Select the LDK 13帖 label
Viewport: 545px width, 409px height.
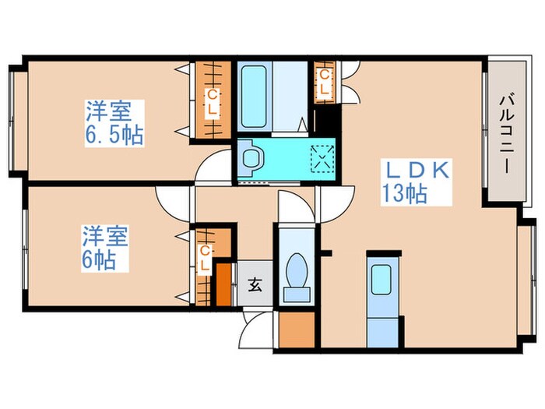click(413, 182)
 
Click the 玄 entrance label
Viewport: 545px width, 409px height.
click(255, 286)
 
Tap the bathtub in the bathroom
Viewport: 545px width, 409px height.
click(254, 93)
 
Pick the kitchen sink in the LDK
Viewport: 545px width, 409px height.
click(381, 278)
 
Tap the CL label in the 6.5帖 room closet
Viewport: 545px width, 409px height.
click(211, 101)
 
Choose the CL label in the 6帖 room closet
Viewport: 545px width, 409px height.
click(205, 256)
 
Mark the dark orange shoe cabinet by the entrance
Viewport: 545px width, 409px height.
click(224, 285)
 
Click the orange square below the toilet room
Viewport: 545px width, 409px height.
click(296, 330)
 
